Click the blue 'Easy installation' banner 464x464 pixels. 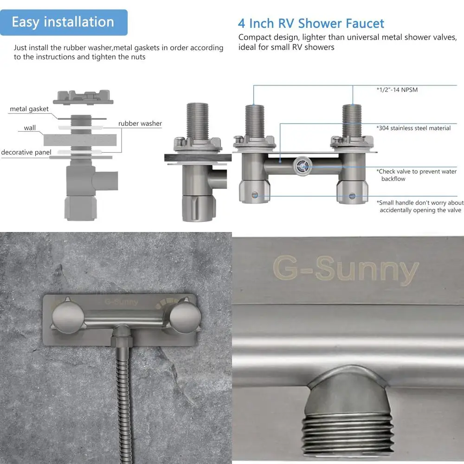(x=64, y=22)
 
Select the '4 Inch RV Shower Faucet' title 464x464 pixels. (x=311, y=23)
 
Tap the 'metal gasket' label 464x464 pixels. (x=29, y=109)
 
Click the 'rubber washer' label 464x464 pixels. (x=140, y=123)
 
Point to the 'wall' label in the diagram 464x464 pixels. (x=30, y=128)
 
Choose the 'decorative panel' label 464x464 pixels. (x=26, y=153)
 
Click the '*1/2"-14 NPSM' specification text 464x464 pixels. (x=397, y=90)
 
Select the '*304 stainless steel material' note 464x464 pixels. (x=413, y=128)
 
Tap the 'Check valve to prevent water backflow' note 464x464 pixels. (x=416, y=175)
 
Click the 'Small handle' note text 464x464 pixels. (x=420, y=206)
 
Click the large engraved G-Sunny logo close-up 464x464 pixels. (x=346, y=270)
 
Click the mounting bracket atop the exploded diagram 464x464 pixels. (x=83, y=97)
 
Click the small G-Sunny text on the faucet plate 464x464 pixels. (x=121, y=302)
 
